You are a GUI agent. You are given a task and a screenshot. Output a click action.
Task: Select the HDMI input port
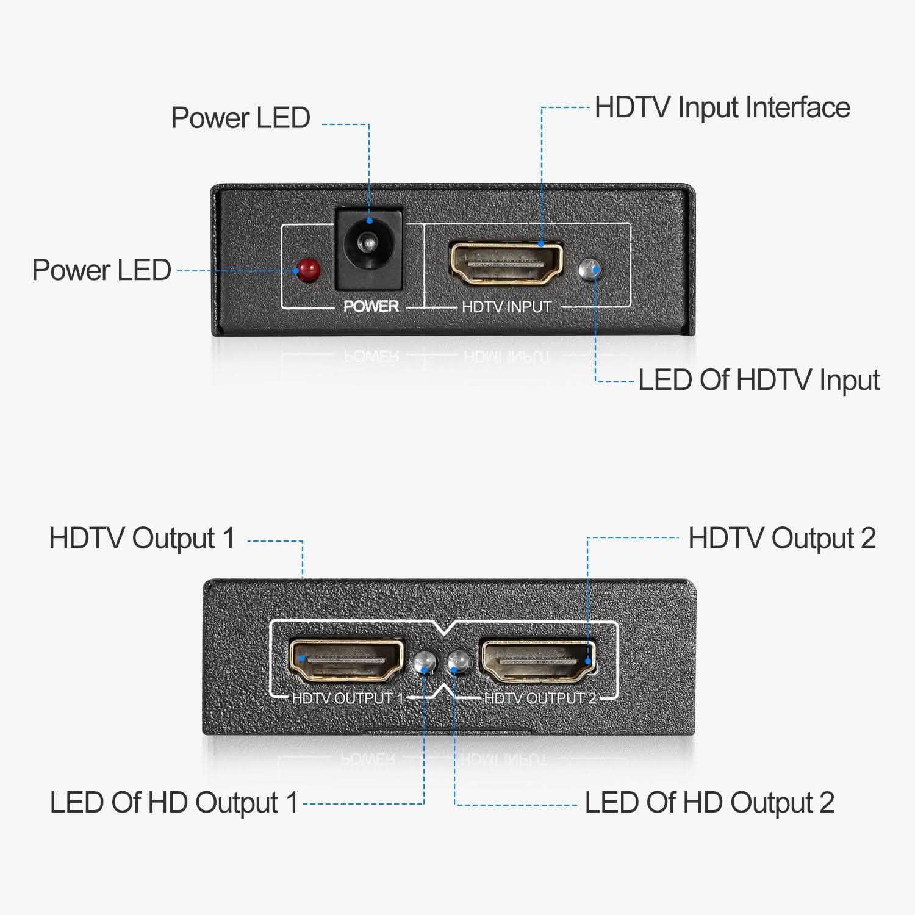tap(506, 264)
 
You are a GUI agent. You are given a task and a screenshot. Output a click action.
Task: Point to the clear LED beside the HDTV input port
tap(590, 269)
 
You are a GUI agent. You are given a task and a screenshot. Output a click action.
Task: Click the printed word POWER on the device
tap(371, 306)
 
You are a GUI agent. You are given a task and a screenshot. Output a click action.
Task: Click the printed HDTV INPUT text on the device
tap(506, 307)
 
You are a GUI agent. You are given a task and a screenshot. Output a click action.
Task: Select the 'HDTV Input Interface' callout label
tap(722, 108)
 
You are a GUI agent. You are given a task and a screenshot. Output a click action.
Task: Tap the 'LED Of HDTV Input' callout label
tap(758, 381)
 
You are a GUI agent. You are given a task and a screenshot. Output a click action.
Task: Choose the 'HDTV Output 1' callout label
tap(142, 539)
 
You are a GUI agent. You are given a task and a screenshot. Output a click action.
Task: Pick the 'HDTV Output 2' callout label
tap(782, 539)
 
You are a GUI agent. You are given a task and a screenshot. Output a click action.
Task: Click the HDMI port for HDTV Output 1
tap(345, 660)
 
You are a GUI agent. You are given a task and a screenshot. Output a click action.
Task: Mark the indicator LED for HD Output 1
tap(425, 662)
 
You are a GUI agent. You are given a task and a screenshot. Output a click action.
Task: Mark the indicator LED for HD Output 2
tap(458, 662)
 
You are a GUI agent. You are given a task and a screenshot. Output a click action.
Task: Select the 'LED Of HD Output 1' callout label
tap(174, 803)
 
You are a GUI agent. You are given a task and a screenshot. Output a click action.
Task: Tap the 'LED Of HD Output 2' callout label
tap(709, 803)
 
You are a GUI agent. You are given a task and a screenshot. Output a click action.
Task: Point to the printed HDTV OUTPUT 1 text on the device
tap(348, 698)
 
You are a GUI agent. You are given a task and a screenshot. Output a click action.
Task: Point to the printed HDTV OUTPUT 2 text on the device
tap(540, 698)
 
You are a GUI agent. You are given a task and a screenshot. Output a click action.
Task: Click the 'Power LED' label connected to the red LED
tap(101, 270)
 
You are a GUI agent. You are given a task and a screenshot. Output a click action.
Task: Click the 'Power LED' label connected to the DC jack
tap(240, 118)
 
